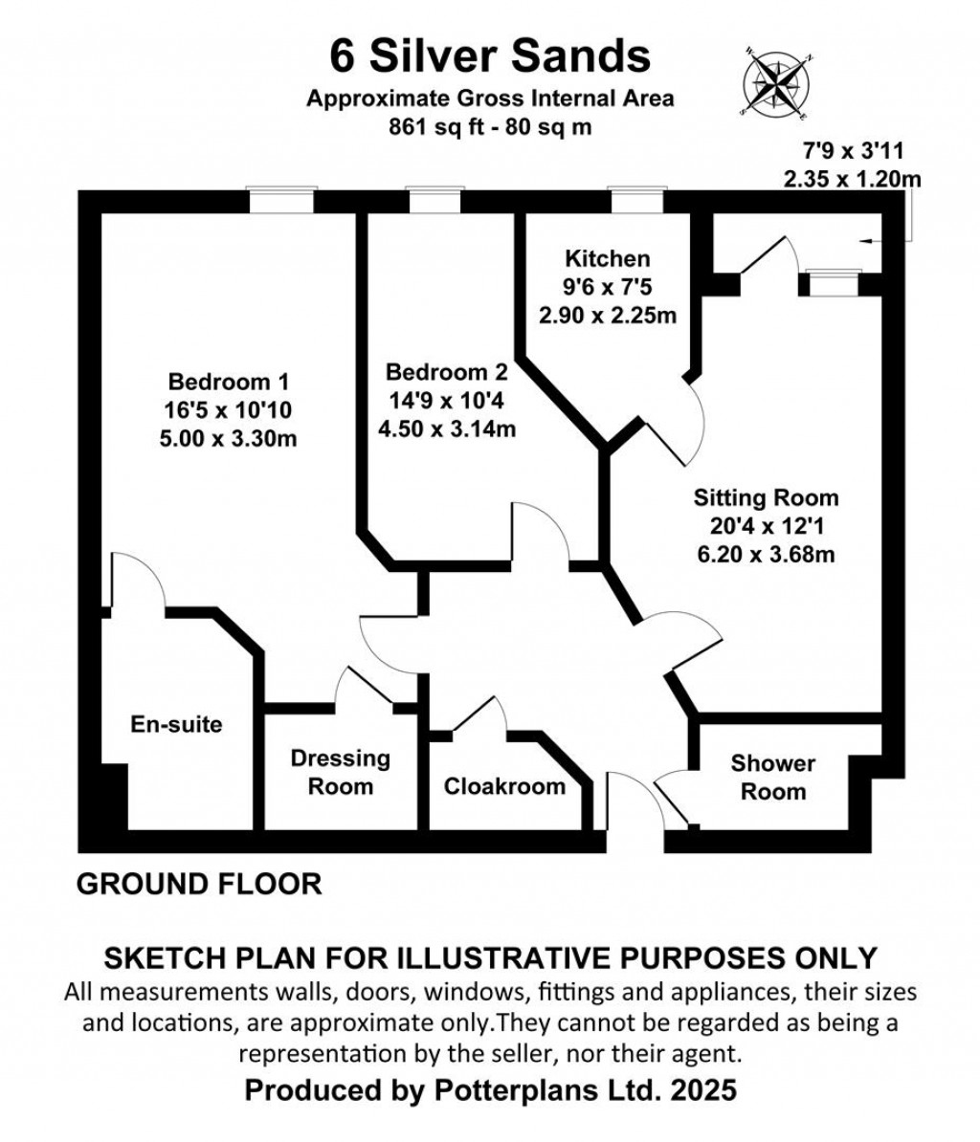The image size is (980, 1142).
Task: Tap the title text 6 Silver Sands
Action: [490, 55]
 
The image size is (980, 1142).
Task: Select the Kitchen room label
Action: [607, 258]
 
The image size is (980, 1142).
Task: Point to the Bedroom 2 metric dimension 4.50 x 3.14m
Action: [447, 428]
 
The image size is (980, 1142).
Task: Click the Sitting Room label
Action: [766, 497]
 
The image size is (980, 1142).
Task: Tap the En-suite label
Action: [176, 724]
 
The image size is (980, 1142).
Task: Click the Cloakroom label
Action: [504, 786]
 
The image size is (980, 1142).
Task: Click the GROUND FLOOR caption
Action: [199, 884]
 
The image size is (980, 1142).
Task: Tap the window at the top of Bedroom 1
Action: [281, 201]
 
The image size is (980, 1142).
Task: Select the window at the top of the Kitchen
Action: [636, 201]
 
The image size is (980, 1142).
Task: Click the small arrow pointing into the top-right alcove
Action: [871, 241]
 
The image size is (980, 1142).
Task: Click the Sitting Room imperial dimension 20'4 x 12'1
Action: [766, 526]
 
